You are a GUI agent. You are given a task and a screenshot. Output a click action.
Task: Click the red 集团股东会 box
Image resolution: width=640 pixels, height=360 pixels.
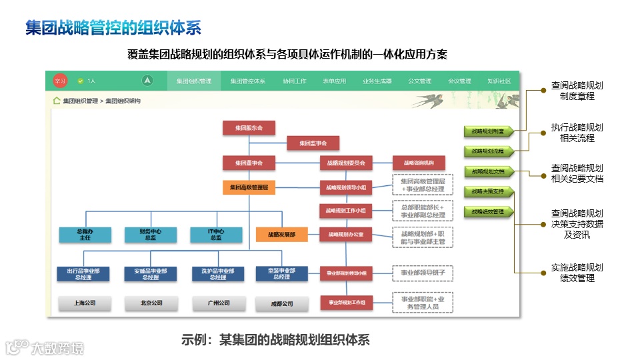[x=249, y=127]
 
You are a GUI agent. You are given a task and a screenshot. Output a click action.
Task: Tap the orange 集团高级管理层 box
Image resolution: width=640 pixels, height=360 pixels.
[x=249, y=188]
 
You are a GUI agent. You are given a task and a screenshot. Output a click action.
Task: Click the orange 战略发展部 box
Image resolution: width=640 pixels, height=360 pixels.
[x=281, y=235]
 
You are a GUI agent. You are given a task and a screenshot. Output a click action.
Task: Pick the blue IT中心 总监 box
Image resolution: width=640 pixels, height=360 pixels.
[x=215, y=235]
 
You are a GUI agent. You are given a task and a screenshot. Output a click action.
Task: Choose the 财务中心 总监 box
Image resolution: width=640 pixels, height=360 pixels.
[x=150, y=235]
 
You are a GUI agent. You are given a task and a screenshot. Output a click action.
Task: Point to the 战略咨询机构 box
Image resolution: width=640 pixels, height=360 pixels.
[x=418, y=163]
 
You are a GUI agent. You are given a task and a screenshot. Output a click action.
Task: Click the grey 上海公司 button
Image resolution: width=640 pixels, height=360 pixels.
[x=84, y=303]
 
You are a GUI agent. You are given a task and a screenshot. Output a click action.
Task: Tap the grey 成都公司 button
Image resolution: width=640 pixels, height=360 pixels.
[x=281, y=304]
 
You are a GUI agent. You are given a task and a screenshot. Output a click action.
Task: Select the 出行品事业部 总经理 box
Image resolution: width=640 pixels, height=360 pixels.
[x=84, y=273]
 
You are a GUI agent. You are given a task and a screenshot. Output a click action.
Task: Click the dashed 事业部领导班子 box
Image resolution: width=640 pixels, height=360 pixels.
[x=422, y=273]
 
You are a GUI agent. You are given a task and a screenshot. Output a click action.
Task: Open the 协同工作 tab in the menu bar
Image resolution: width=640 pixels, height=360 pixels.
[x=295, y=81]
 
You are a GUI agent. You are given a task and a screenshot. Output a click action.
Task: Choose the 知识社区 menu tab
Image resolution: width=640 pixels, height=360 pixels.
[x=499, y=81]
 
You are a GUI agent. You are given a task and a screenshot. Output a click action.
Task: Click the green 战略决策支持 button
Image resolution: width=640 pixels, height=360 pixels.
[x=488, y=192]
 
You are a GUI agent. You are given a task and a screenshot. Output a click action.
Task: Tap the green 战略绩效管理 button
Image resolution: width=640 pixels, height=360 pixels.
[x=488, y=212]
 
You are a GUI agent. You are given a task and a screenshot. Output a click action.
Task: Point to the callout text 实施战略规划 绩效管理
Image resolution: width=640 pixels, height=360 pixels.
[x=577, y=273]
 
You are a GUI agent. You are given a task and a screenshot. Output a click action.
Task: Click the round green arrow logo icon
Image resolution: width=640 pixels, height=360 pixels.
[x=147, y=81]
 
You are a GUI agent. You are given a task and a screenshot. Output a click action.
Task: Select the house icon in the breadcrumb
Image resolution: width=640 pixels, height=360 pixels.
[x=57, y=101]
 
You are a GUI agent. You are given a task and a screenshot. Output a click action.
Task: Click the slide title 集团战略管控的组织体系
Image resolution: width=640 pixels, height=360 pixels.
[x=113, y=28]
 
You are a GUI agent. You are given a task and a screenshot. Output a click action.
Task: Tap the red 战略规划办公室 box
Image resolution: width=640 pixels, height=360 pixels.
[x=345, y=235]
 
